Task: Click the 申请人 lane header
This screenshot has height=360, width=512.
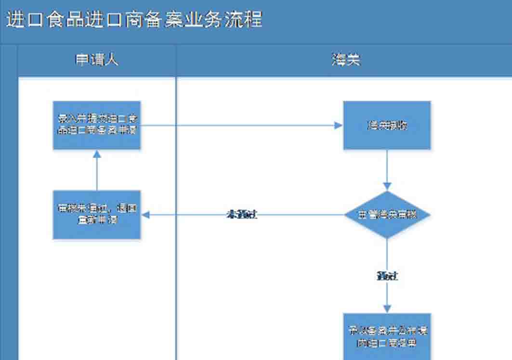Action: click(97, 60)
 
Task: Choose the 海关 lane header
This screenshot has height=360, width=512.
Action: click(345, 60)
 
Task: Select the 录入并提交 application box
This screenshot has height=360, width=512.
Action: click(97, 125)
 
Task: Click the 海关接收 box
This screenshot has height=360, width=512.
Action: click(387, 125)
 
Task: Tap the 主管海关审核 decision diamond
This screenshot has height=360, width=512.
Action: click(387, 215)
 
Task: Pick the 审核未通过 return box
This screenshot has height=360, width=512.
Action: click(97, 215)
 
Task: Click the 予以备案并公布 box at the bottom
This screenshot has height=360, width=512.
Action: click(387, 336)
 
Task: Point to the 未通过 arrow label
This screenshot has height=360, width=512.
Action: click(242, 215)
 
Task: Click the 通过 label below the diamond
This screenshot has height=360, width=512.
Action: click(387, 276)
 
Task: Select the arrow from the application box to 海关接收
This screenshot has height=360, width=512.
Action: click(241, 125)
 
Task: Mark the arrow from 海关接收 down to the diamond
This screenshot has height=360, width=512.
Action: click(387, 168)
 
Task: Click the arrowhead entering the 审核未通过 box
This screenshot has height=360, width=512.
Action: click(145, 215)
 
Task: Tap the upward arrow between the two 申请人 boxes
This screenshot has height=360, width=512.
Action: click(97, 171)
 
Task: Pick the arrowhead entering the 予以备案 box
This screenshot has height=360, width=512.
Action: click(387, 309)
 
